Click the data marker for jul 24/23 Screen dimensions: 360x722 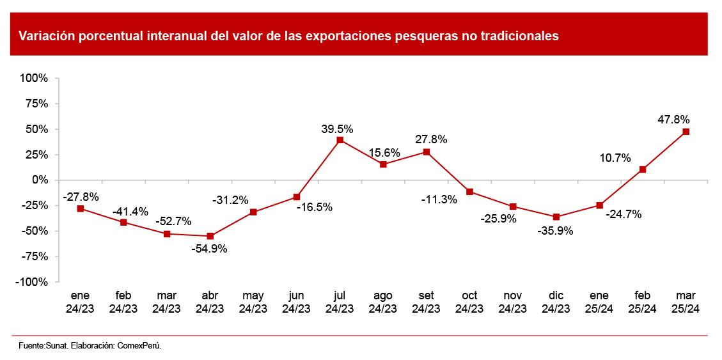point(340,140)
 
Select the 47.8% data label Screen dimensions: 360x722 point(673,120)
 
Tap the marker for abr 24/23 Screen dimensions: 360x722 point(210,236)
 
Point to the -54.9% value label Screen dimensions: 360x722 point(209,249)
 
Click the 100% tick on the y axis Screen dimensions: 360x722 point(35,78)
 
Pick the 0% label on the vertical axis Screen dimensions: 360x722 point(40,180)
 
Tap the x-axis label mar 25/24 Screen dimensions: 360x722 point(686,302)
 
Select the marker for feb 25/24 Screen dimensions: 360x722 point(643,169)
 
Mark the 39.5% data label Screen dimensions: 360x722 point(337,129)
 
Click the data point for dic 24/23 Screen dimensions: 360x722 point(556,217)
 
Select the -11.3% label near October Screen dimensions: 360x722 point(439,200)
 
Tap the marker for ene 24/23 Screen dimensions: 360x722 point(80,208)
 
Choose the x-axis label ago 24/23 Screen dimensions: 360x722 point(382,302)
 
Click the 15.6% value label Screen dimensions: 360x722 point(384,153)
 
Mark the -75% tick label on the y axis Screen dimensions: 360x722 point(35,256)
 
